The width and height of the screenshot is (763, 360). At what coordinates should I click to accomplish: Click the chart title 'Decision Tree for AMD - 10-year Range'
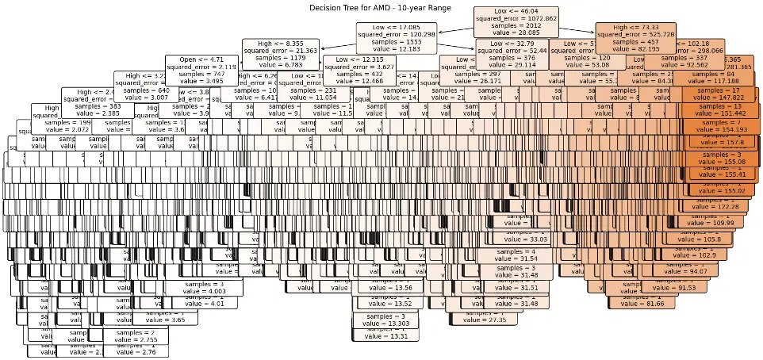coord(380,7)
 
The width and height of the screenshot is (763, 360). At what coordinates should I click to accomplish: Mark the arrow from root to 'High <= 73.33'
coord(571,30)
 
